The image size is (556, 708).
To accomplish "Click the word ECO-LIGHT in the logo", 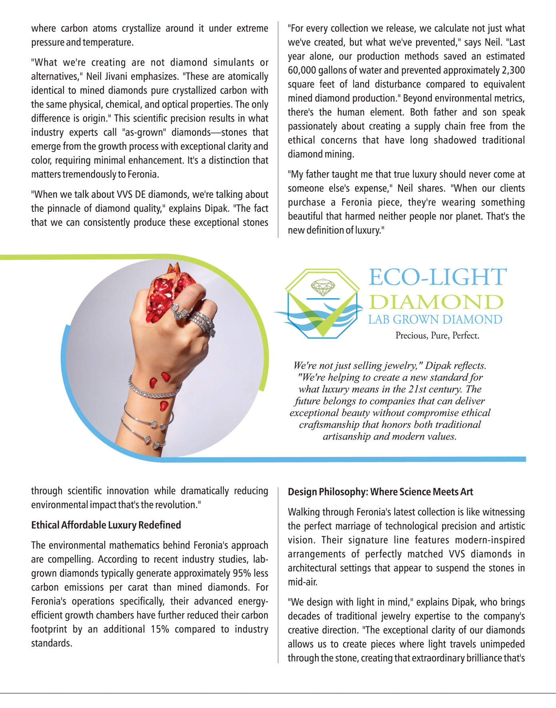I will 437,277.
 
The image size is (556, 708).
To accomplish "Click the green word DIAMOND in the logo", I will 436,302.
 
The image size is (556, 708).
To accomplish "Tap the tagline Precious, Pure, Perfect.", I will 437,335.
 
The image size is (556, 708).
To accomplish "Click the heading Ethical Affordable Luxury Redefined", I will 106,525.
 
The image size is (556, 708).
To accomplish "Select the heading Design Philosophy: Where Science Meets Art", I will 380,492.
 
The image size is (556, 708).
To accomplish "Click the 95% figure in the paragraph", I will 241,573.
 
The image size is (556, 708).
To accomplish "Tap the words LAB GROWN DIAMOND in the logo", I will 435,320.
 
